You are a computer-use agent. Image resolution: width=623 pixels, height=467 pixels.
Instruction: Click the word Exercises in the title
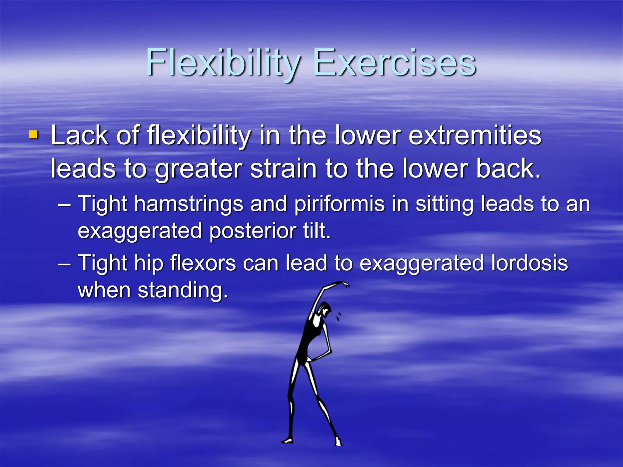(394, 63)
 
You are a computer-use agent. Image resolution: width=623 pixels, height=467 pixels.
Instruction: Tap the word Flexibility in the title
(224, 63)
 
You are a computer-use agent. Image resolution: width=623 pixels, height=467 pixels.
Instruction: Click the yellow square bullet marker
(33, 135)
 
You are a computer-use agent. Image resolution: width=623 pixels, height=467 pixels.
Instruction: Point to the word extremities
(475, 136)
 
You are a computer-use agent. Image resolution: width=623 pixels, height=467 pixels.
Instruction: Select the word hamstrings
(189, 204)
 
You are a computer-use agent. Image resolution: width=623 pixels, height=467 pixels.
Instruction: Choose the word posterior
(252, 231)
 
